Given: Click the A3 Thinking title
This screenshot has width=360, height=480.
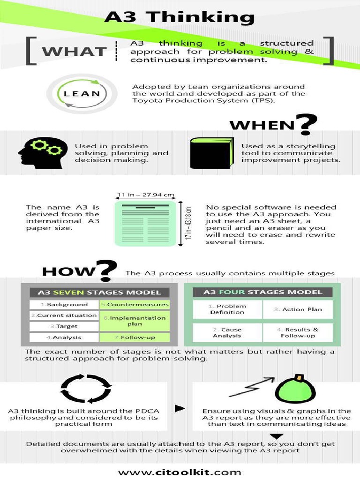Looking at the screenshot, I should coord(180,17).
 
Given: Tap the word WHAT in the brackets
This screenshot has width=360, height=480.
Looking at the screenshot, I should coord(74,51).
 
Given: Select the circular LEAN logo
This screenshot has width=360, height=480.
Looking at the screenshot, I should coord(82,94).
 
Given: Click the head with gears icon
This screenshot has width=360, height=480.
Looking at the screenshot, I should coord(40,153).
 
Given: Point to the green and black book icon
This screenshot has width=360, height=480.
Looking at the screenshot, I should coord(211,153).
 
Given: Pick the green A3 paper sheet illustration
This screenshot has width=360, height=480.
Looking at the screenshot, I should coord(146,223).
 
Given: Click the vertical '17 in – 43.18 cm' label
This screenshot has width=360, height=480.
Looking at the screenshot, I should coord(188,224).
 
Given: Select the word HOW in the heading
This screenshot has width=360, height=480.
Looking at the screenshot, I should coord(68,271).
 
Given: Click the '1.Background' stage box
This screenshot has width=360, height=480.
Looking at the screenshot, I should coord(64,304).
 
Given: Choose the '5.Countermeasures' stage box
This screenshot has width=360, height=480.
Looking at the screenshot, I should coord(134,304).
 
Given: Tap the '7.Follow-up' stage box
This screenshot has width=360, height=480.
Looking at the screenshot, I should coord(134,337).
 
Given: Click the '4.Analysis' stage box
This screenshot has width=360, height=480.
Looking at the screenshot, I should coord(64,337).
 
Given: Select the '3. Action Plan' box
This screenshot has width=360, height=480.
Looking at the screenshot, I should coord(298,309).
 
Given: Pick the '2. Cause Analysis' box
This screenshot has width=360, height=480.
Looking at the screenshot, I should coord(227,333).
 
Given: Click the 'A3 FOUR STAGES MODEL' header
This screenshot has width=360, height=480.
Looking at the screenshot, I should coord(262,292).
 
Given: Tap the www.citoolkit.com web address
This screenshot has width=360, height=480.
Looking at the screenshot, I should coord(180,472).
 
